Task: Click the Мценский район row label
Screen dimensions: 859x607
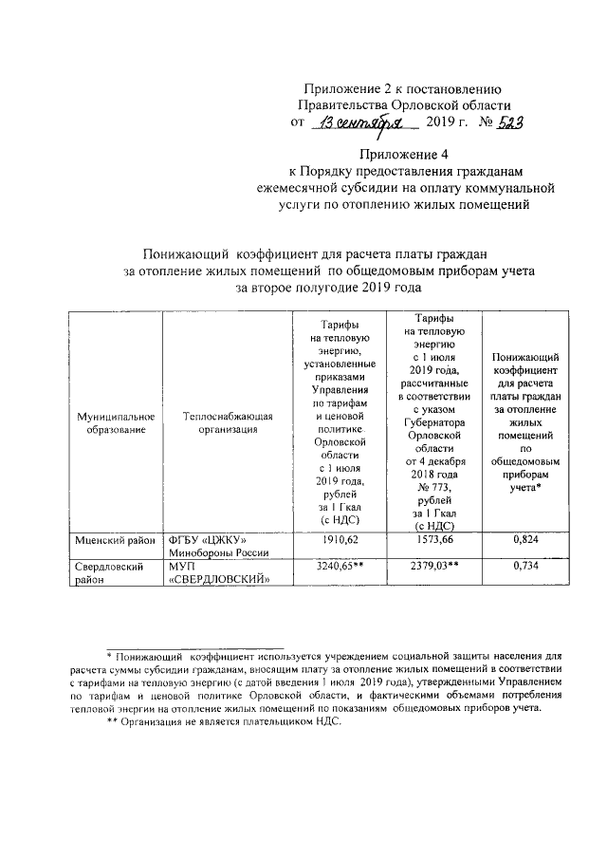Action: pos(114,540)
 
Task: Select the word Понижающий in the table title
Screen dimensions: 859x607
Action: pos(185,253)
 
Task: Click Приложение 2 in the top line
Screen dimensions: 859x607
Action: pos(346,88)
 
